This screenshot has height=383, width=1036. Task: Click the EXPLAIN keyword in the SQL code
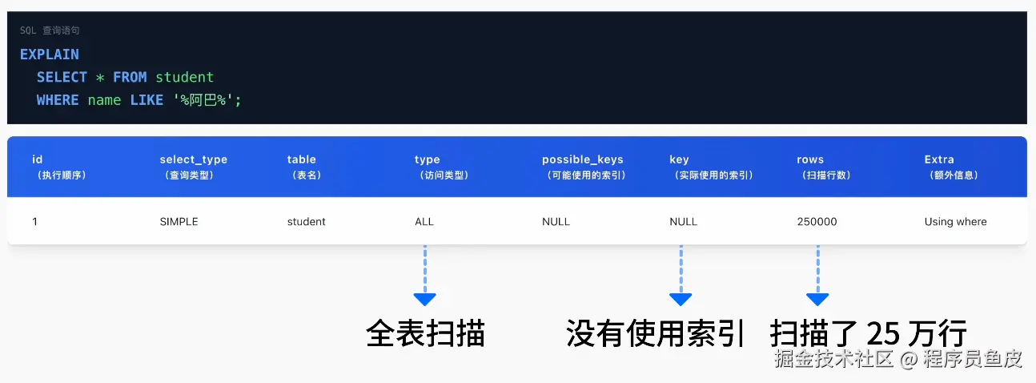click(50, 54)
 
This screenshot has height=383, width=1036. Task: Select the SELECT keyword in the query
click(62, 78)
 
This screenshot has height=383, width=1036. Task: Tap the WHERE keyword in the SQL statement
click(58, 100)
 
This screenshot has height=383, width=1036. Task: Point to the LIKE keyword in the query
click(147, 100)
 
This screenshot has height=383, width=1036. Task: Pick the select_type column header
click(193, 159)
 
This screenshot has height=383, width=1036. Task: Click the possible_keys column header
click(582, 159)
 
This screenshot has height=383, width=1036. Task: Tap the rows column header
click(810, 159)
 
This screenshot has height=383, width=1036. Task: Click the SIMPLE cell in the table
click(179, 222)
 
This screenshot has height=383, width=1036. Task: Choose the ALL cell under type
click(424, 222)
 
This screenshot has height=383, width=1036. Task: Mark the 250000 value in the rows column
click(817, 222)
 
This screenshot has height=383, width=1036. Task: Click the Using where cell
click(955, 222)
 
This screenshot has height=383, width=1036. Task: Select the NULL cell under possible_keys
click(556, 222)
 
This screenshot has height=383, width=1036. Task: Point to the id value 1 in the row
click(35, 222)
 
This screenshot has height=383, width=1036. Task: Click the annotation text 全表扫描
click(425, 333)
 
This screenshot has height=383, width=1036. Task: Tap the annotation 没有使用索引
click(656, 333)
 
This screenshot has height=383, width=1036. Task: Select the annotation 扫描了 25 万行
click(869, 333)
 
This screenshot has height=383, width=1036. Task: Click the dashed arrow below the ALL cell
click(424, 276)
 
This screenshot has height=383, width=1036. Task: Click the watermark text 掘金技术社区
click(833, 358)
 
